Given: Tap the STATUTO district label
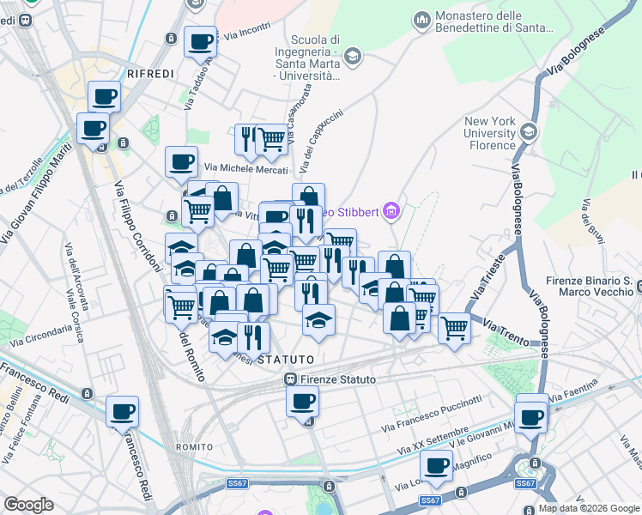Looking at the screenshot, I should (x=280, y=359).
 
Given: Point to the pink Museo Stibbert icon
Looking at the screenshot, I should (x=392, y=209).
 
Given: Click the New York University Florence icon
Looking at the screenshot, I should (x=528, y=131).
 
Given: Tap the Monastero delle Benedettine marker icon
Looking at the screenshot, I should (x=421, y=19).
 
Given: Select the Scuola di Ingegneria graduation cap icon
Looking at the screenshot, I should (x=352, y=57).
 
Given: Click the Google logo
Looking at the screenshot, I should (x=28, y=505).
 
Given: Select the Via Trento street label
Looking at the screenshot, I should (x=504, y=327).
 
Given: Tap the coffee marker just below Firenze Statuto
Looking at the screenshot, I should (x=301, y=401).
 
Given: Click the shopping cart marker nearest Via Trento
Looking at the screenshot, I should (x=453, y=326).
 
